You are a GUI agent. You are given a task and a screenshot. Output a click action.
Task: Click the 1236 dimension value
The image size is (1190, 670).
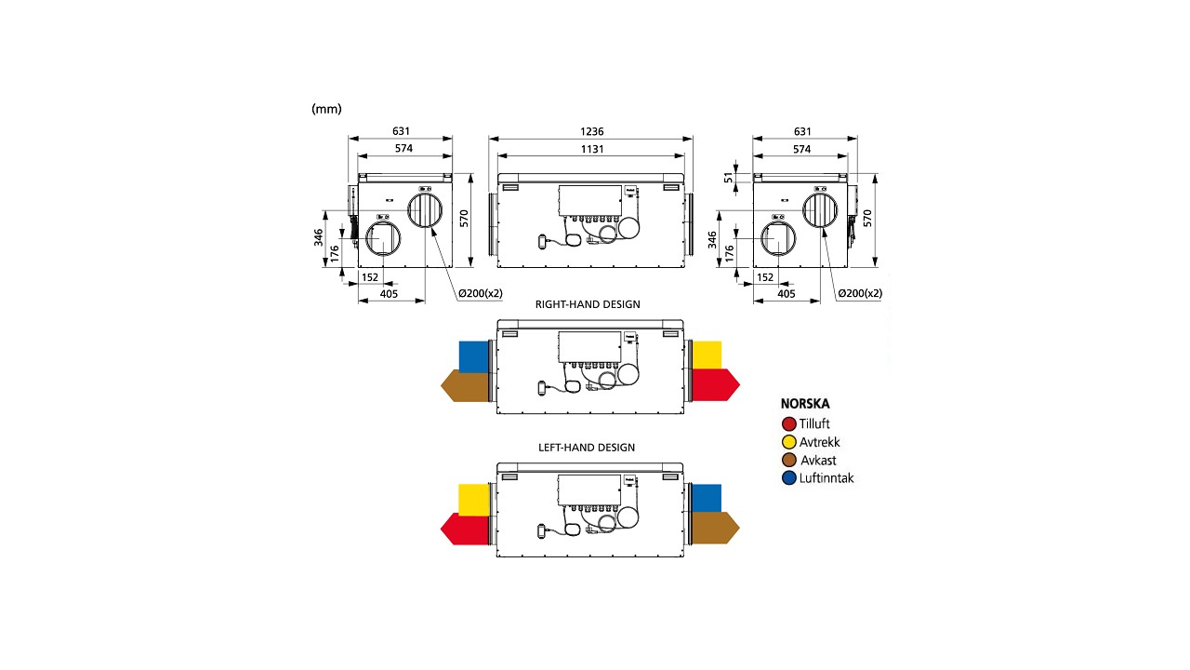(x=589, y=132)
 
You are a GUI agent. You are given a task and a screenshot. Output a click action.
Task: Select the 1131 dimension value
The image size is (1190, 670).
(x=589, y=149)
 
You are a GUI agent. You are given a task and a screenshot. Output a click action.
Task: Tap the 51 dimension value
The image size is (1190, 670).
(x=729, y=177)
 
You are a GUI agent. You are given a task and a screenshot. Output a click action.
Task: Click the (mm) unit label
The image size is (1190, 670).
(x=326, y=109)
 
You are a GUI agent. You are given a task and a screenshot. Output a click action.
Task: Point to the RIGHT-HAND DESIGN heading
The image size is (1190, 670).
(x=588, y=304)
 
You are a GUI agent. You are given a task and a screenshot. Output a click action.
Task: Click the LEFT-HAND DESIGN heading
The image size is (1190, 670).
(x=587, y=448)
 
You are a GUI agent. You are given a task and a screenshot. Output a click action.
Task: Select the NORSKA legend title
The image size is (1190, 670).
(x=805, y=405)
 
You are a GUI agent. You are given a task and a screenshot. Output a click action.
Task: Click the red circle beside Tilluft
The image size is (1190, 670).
(x=789, y=424)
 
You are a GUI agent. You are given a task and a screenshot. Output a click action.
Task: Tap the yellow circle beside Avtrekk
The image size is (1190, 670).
(x=789, y=442)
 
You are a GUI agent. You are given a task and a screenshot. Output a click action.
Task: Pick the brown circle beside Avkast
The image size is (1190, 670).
(x=789, y=460)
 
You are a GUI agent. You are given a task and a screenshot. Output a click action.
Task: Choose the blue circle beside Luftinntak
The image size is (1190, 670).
(x=789, y=478)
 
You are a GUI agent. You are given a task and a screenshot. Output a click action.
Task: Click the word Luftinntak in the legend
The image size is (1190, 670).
(x=826, y=478)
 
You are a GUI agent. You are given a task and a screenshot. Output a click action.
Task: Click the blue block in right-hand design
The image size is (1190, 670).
(x=473, y=355)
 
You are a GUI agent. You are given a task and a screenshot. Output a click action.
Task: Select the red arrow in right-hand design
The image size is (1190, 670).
(x=714, y=383)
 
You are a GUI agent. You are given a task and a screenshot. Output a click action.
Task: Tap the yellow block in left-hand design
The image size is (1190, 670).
(x=473, y=499)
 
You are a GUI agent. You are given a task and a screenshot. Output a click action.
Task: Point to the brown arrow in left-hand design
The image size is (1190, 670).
(x=714, y=528)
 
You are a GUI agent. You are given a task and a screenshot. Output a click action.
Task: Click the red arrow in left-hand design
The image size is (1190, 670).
(x=465, y=529)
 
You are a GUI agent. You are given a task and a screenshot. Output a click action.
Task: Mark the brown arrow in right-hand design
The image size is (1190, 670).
(x=465, y=385)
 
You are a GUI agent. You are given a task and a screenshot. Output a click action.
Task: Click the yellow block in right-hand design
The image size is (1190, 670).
(x=707, y=355)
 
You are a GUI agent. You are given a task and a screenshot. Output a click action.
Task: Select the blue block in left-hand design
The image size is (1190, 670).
(x=707, y=498)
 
